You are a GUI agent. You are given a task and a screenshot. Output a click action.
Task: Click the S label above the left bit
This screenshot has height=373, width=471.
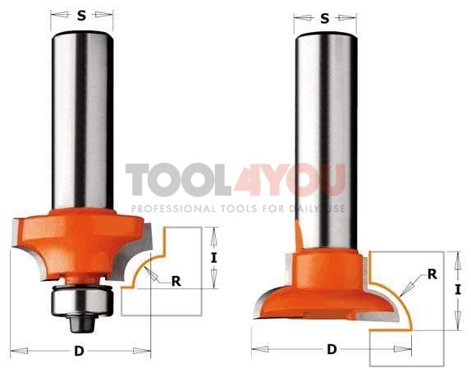coord(81,16)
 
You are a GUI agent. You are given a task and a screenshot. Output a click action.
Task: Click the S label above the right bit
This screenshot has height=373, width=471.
coord(325,19)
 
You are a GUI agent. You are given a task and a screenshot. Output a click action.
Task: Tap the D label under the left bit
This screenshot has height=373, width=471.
coord(79,351)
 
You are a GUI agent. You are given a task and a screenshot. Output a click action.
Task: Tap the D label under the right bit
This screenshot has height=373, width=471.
coord(332,349)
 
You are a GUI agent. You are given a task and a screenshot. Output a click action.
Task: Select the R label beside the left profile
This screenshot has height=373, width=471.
coord(176,281)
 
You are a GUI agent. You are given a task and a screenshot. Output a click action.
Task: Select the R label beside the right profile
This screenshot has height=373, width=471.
coord(432,274)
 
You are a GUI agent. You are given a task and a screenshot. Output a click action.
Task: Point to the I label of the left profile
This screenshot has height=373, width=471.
coord(213,258)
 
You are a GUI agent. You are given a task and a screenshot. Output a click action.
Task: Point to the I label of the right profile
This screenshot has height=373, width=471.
coord(458,289)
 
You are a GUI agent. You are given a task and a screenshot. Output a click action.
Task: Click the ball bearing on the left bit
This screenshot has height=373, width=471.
coord(82,300)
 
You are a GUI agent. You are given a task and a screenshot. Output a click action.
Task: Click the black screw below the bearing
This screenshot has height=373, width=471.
coord(82,323)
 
